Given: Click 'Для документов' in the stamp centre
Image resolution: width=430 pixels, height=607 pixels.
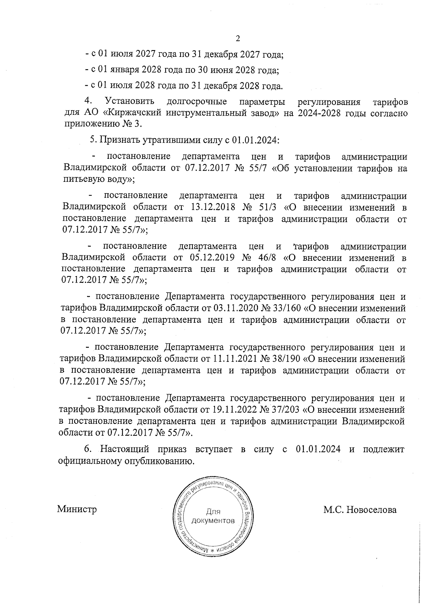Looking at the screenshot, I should pyautogui.click(x=214, y=516).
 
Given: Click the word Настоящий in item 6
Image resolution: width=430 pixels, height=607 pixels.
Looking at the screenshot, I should pyautogui.click(x=122, y=449).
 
